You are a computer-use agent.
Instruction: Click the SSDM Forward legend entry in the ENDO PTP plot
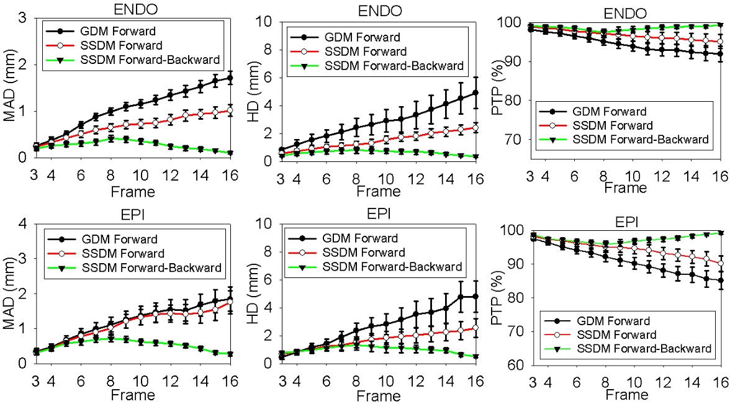(x=625, y=125)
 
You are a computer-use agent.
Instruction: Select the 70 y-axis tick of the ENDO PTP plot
(x=512, y=140)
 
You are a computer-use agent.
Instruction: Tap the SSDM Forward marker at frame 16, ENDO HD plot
(x=474, y=127)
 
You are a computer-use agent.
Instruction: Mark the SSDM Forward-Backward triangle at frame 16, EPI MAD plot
(x=230, y=354)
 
